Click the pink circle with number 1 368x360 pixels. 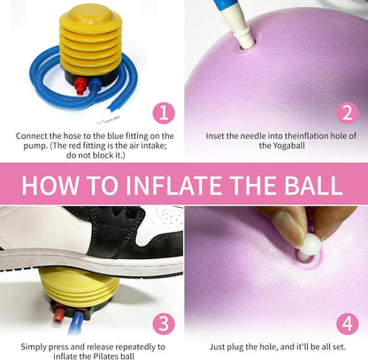(164, 113)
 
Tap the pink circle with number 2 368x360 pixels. (348, 113)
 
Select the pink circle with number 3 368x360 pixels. (164, 324)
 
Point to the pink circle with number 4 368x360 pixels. (348, 324)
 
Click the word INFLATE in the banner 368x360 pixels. (174, 186)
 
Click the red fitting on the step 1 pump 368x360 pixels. (80, 86)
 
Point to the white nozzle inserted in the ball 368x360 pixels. (241, 32)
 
